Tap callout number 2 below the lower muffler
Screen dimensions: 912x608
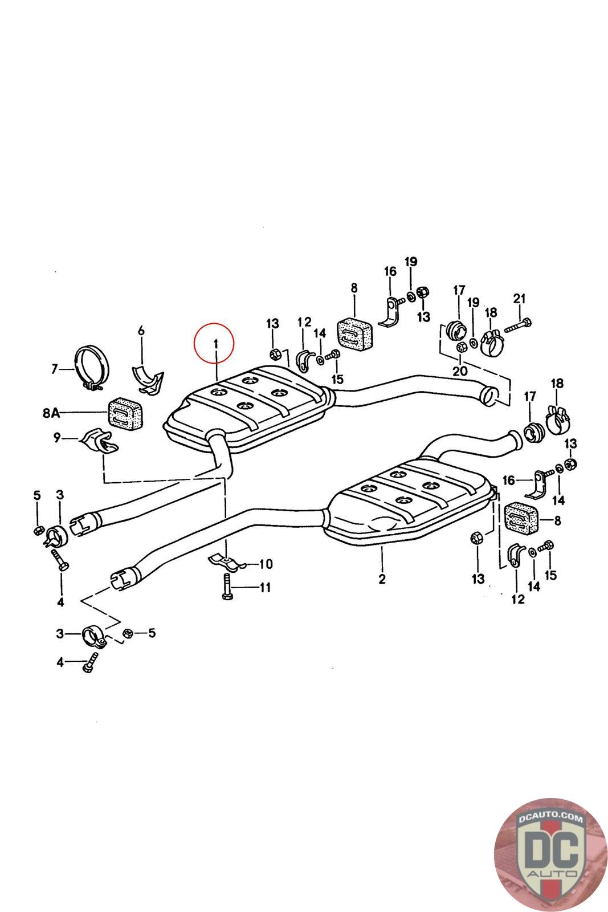382,579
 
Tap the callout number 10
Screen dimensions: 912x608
266,564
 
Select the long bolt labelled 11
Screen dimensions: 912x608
226,587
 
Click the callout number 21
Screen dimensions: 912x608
519,298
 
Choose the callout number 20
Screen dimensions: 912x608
460,370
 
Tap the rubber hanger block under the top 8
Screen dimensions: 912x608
354,333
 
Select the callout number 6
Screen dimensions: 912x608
141,330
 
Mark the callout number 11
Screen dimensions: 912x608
265,587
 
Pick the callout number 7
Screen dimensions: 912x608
55,369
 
